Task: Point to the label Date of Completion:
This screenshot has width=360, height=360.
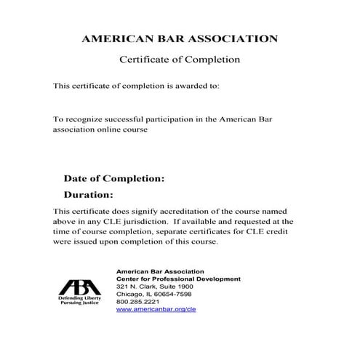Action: pyautogui.click(x=114, y=177)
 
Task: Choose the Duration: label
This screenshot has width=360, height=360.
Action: pyautogui.click(x=89, y=194)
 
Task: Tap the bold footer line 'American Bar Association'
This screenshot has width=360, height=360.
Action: pyautogui.click(x=161, y=271)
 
